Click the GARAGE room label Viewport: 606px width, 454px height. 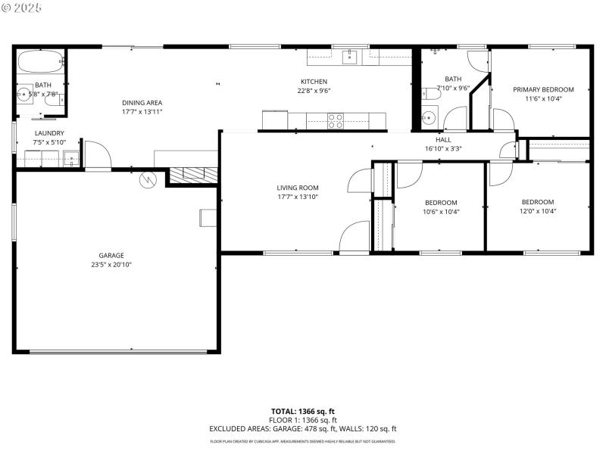click(x=111, y=255)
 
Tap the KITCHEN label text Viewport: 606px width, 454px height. click(x=314, y=82)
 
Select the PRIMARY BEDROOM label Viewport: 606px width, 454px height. click(x=543, y=89)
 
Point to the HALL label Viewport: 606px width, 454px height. click(x=443, y=140)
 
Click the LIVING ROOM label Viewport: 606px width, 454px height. click(x=297, y=188)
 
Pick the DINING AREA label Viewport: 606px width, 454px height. click(x=142, y=103)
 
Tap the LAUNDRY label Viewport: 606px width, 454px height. click(x=49, y=133)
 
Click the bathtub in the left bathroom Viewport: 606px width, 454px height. click(x=39, y=61)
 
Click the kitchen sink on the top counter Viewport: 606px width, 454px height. click(x=350, y=56)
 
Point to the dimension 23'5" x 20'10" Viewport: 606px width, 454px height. click(x=111, y=265)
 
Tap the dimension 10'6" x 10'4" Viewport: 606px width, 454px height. click(x=441, y=212)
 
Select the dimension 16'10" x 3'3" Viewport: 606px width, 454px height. click(x=443, y=149)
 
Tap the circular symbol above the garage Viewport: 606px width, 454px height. click(x=148, y=180)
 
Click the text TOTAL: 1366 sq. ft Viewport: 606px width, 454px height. click(x=302, y=411)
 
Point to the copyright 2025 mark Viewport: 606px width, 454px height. click(x=22, y=7)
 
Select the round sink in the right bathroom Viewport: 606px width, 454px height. click(x=428, y=118)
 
